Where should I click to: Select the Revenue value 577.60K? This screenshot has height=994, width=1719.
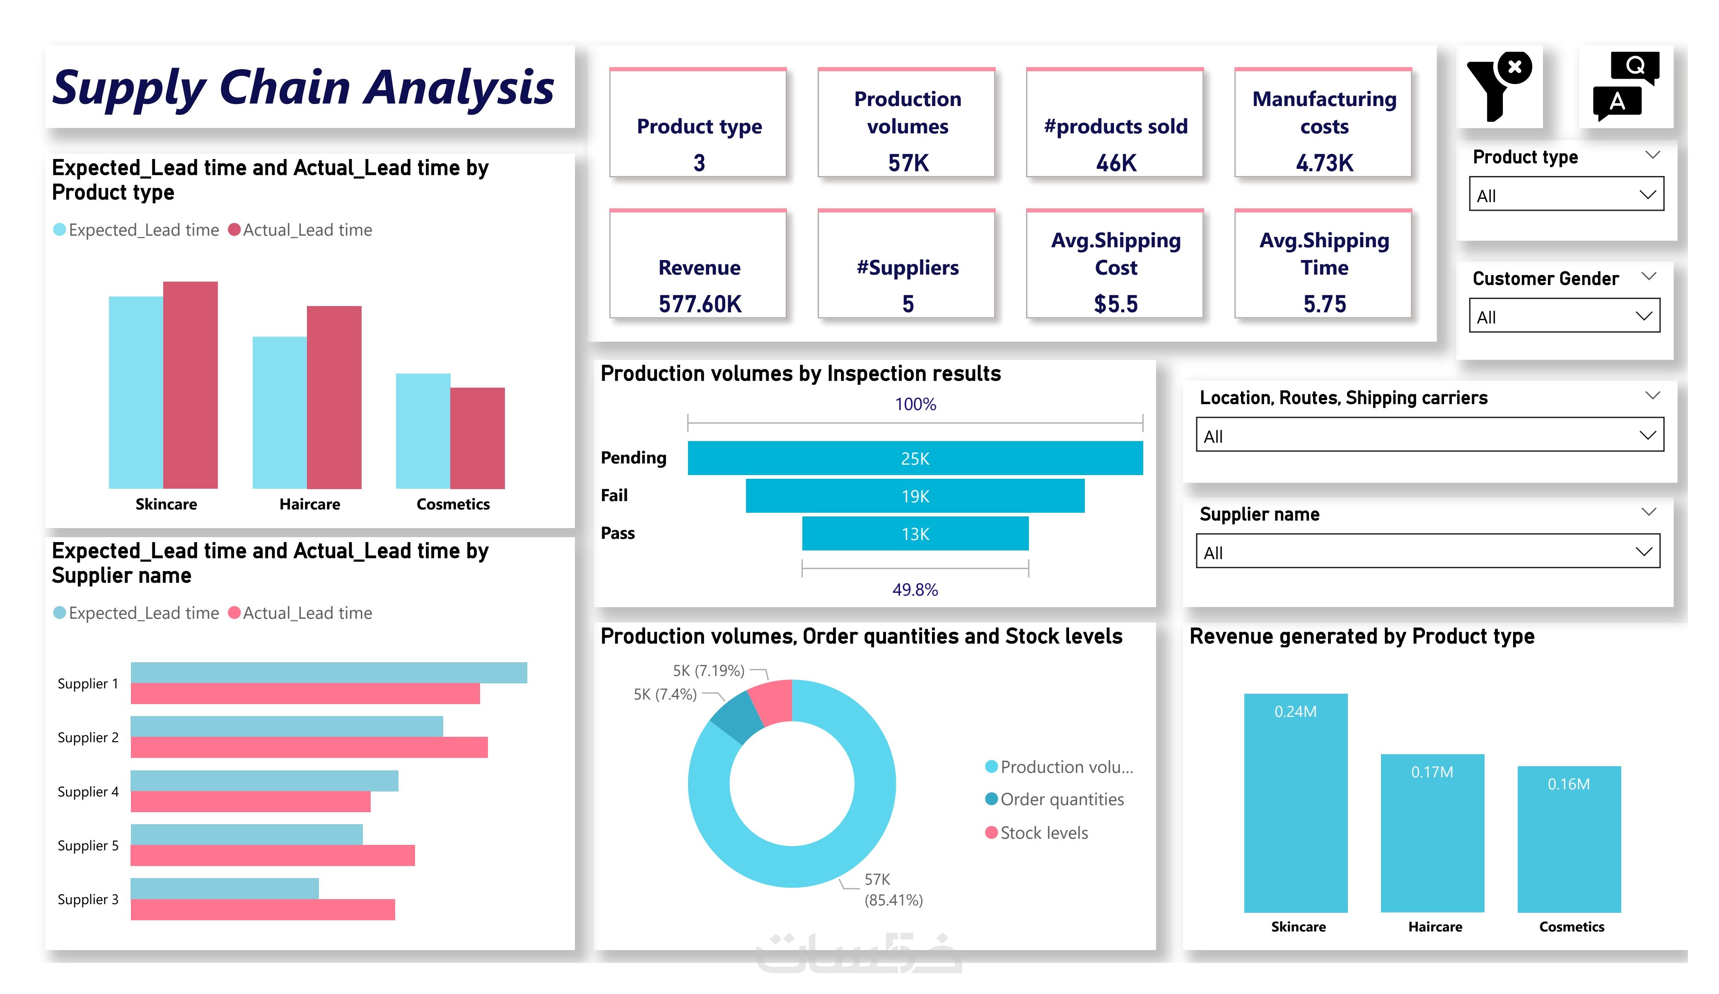coord(699,304)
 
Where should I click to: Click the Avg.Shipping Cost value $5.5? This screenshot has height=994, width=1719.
coord(1115,304)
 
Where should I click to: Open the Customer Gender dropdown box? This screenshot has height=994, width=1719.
coord(1564,316)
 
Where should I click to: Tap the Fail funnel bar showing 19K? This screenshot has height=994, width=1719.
coord(915,496)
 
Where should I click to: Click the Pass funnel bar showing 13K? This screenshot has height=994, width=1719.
coord(915,533)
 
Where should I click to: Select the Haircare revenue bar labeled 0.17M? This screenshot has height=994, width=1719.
coord(1432,832)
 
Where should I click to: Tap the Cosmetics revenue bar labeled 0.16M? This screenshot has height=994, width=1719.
coord(1568,839)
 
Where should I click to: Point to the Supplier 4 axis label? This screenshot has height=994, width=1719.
coord(88,791)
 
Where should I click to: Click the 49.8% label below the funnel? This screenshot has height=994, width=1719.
coord(915,589)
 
